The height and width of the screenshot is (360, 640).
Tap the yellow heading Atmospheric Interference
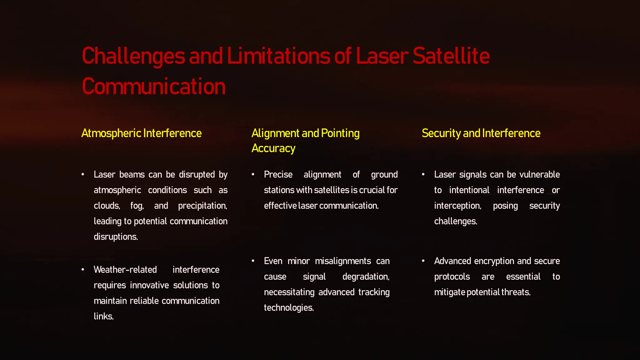click(x=141, y=133)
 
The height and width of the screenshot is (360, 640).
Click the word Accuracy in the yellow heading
click(x=273, y=148)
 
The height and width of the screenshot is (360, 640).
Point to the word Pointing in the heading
click(x=340, y=133)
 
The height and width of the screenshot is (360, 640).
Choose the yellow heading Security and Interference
click(x=481, y=133)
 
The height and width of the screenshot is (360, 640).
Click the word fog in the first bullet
click(x=137, y=206)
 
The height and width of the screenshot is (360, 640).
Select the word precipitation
click(x=202, y=206)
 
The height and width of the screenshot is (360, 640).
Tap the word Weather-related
click(x=125, y=270)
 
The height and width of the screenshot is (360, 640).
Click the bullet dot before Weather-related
click(x=83, y=269)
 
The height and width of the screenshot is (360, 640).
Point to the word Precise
click(x=278, y=174)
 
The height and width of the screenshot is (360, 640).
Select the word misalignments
click(x=343, y=261)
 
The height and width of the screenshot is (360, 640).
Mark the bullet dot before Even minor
click(x=253, y=261)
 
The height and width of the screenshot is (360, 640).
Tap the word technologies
click(x=288, y=308)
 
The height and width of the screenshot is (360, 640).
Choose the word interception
click(x=457, y=206)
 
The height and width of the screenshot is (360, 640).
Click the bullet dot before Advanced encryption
click(x=423, y=261)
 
